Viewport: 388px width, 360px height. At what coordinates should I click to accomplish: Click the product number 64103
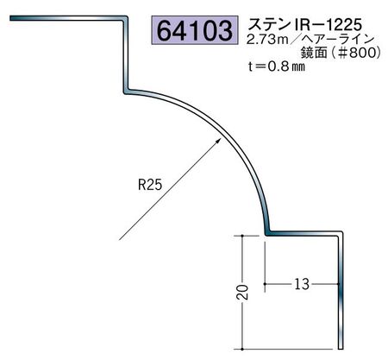coord(195,30)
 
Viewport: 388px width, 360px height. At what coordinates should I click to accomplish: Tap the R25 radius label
coord(150,185)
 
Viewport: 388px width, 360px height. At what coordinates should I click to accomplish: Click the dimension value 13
coord(302,284)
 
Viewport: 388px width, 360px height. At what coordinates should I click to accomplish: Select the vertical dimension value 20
coord(243,292)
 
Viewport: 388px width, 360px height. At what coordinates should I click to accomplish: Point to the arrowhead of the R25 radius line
coord(219,141)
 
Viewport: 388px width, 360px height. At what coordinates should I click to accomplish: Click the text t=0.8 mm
coord(276,66)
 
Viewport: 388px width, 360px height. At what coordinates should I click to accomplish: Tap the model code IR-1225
coord(326,24)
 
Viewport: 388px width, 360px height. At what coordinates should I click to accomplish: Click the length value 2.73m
coord(267,40)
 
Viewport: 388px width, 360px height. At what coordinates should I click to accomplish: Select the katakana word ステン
coord(268,24)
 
